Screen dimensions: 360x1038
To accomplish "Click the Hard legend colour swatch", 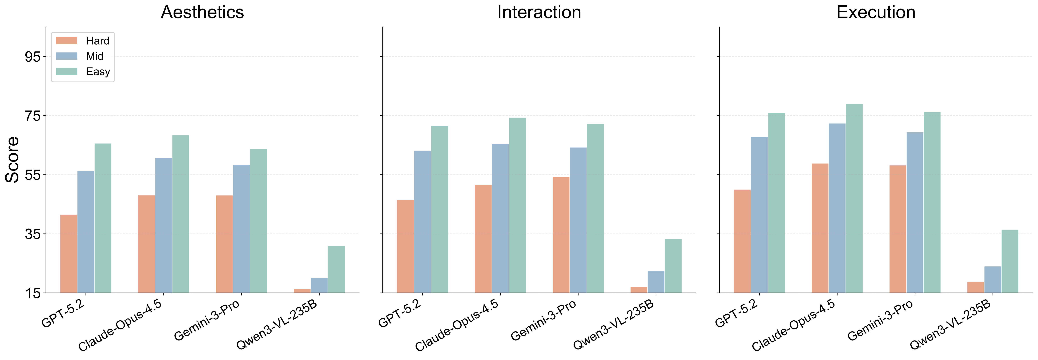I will click(x=66, y=41).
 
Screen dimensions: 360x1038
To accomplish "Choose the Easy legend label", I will click(x=98, y=72).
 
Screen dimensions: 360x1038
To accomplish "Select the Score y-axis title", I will click(x=12, y=160).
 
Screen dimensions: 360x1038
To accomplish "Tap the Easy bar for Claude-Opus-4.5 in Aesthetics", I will click(x=180, y=214).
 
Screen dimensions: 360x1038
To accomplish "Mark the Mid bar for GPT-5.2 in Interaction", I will click(x=422, y=222).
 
